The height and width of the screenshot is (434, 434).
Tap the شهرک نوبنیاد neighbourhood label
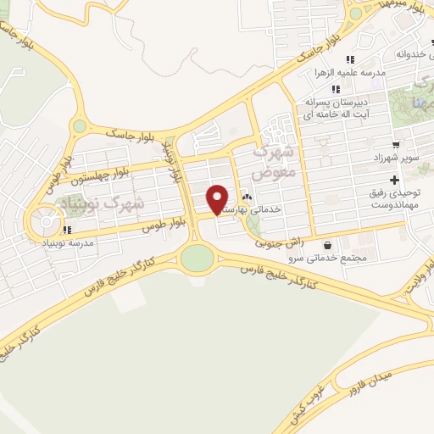(100, 202)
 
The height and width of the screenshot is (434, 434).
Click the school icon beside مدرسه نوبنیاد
(67, 229)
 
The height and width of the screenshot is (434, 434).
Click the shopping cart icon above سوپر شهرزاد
(396, 144)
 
